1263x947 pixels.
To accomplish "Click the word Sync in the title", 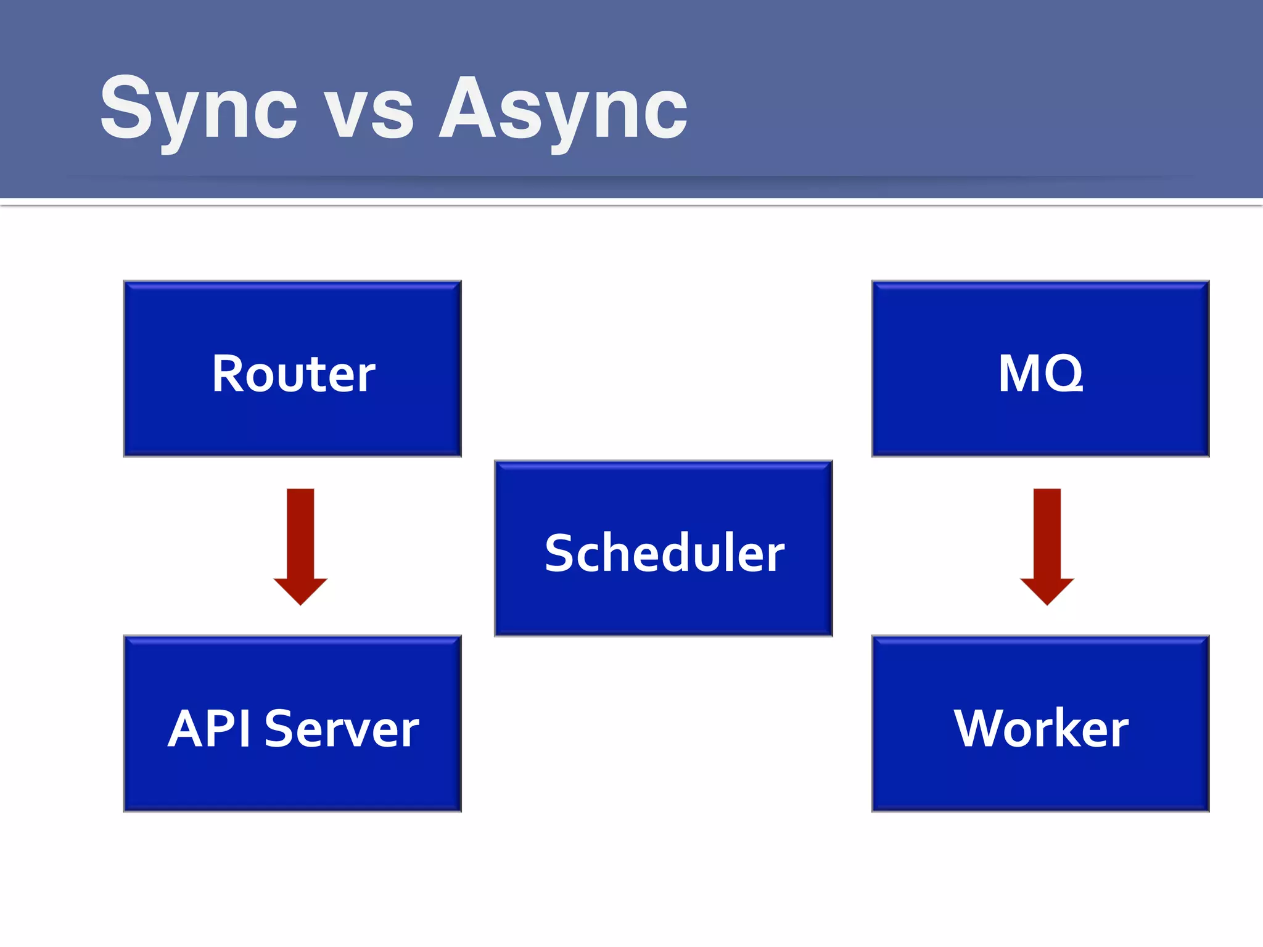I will (199, 110).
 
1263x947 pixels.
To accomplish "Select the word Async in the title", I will (562, 110).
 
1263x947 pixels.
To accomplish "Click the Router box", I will (292, 369).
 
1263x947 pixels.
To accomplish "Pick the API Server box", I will (292, 723).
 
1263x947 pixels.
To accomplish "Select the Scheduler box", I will (664, 548).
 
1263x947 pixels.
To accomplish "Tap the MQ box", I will (1040, 369).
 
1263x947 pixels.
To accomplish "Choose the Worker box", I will (1040, 723).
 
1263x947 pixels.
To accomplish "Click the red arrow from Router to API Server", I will (300, 543).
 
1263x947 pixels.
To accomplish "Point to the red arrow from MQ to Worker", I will (1047, 543).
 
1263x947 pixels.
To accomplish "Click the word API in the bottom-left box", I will (210, 729).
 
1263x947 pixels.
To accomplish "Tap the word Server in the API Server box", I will (342, 729).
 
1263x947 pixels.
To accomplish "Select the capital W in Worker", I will (981, 728).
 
